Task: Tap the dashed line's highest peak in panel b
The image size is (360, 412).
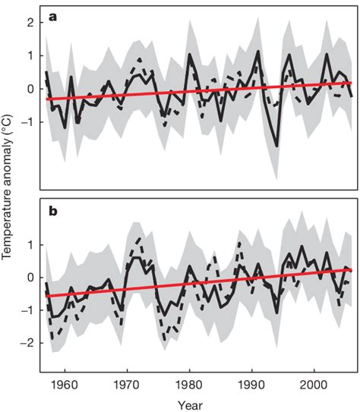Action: [x=138, y=239]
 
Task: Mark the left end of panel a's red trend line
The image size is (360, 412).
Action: [x=45, y=99]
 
